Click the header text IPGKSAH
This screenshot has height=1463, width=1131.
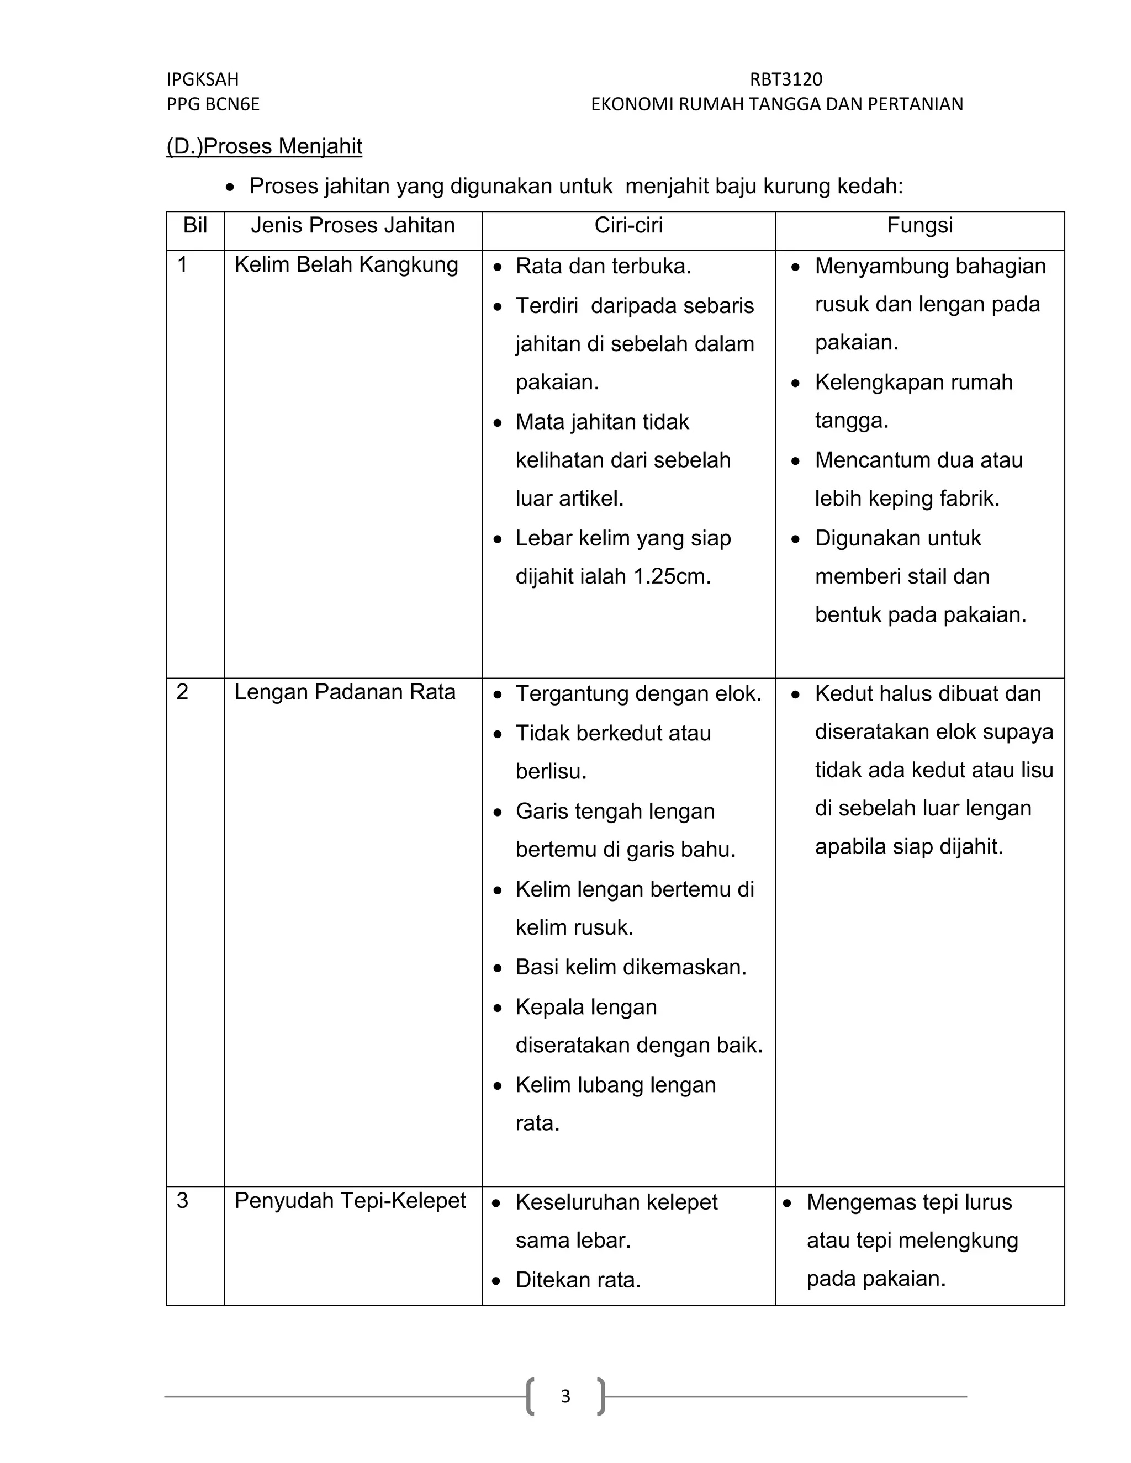202,79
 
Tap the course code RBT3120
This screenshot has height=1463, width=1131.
786,79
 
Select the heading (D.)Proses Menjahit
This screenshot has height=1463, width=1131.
264,146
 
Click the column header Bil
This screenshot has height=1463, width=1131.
195,225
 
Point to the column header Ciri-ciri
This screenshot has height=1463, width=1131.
628,225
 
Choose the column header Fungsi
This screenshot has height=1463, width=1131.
919,225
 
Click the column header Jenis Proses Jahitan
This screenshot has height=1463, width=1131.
352,225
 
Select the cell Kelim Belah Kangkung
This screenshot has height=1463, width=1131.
346,264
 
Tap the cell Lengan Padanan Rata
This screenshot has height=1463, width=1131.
345,692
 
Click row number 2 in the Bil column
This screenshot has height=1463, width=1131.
182,692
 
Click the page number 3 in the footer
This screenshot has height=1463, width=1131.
565,1396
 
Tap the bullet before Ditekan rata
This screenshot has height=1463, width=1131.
496,1281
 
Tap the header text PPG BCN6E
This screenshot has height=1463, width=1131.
213,104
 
